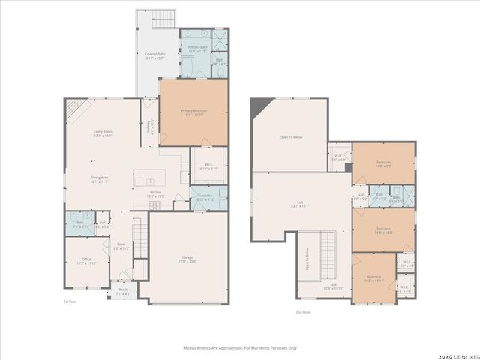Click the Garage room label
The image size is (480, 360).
pos(187,259)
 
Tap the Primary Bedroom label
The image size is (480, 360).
pos(193,112)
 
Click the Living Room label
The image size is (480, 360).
pos(103,134)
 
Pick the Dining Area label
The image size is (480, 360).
pos(100,179)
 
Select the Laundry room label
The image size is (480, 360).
pos(205,197)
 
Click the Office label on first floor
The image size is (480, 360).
pos(81,261)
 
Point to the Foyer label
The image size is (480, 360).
pos(121,245)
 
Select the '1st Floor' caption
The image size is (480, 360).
pos(70,301)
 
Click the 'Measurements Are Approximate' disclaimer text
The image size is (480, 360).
pos(240,347)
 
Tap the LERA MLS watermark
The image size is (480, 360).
pos(454,351)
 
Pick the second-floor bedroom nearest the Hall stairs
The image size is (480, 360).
pos(373,278)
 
